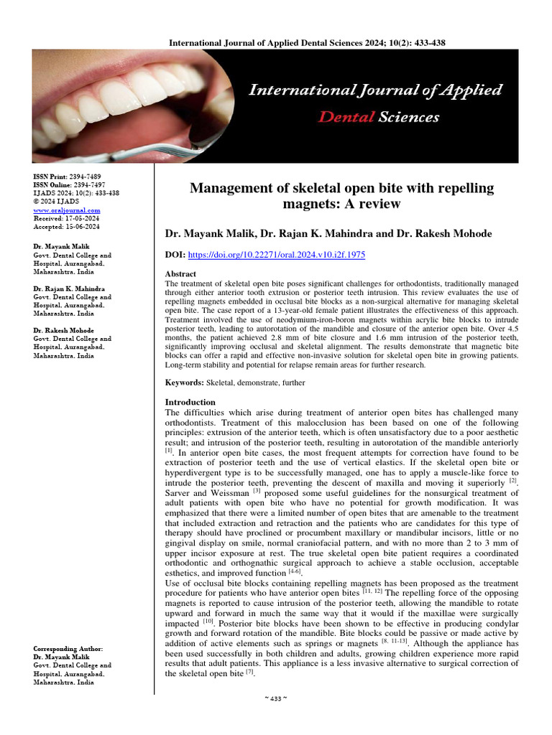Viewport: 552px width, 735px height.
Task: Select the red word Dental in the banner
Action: [342, 116]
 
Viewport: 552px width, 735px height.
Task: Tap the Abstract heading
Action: [181, 274]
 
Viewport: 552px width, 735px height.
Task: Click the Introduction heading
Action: [190, 403]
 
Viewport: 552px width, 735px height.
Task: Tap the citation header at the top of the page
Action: [307, 43]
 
